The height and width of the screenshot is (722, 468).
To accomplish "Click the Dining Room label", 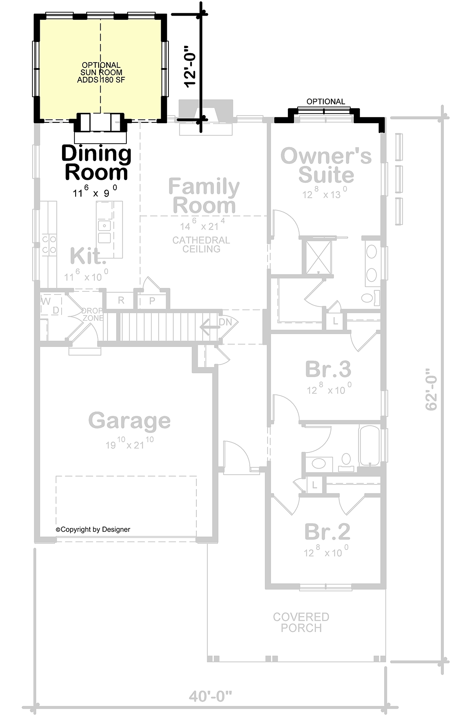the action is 96,163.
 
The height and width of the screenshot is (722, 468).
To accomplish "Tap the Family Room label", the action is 204,196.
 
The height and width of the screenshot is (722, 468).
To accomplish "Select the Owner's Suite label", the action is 326,165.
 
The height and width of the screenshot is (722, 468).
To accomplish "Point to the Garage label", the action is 129,420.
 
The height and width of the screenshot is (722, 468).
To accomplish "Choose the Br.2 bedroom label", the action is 327,531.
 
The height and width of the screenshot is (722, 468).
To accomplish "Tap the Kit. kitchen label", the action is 88,256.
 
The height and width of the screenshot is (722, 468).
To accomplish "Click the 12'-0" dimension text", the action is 190,67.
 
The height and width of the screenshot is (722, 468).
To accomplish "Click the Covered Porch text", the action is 301,622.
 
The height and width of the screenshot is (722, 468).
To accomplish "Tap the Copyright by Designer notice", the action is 93,529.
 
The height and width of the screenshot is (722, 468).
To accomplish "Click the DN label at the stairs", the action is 225,322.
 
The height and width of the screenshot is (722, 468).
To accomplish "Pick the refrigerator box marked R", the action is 121,300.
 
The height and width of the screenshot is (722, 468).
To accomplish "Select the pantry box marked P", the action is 152,300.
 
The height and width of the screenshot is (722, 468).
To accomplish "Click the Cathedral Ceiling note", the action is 201,245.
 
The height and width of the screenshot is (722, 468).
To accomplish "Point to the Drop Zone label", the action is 92,314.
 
